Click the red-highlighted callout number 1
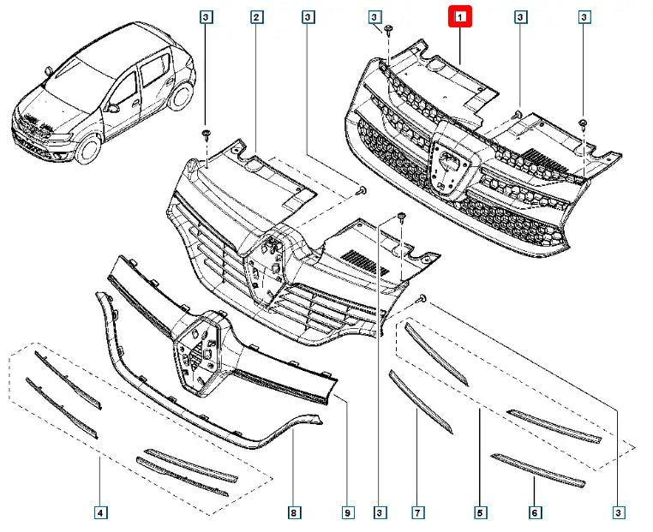tap(460, 16)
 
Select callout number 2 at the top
tap(256, 17)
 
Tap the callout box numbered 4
tap(100, 513)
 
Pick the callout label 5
tap(480, 513)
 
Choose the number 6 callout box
tap(535, 513)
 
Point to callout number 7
tap(417, 513)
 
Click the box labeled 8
tap(294, 513)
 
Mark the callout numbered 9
tap(348, 513)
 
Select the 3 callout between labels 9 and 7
tap(379, 513)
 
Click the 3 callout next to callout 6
tap(619, 513)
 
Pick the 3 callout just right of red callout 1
tap(520, 17)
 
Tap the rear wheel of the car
tap(181, 97)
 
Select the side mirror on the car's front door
tap(113, 108)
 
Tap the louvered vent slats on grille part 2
tap(365, 262)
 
